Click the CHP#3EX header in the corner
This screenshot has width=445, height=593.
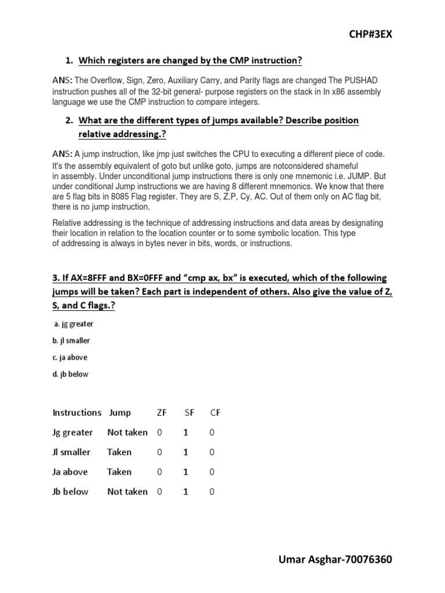coord(370,34)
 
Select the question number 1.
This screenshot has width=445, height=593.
coord(69,60)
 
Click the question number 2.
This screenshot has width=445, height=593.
coord(69,120)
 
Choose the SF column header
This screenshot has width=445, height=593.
coord(189,413)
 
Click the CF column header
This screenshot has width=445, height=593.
coord(216,413)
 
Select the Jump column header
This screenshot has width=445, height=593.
coord(120,413)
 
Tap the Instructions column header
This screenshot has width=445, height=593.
coord(77,413)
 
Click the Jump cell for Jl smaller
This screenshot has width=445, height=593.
coord(119,452)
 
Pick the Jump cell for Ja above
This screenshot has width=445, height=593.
coord(119,472)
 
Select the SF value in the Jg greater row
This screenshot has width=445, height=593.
coord(185,433)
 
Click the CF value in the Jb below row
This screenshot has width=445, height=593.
coord(211,492)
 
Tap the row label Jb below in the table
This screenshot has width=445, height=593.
coord(71,492)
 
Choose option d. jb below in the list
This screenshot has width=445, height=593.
coord(70,374)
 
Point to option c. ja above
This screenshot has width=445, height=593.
coord(70,357)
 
